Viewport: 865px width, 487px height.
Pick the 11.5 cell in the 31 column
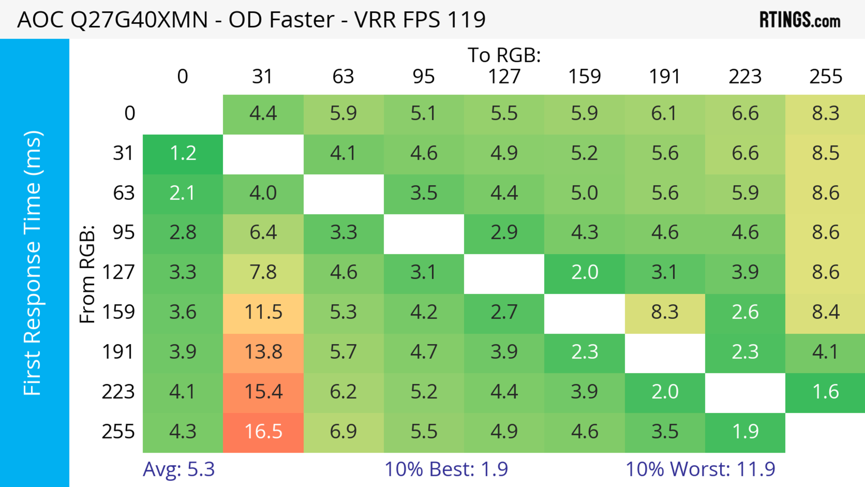[263, 312]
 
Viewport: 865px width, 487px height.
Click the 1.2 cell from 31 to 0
[183, 153]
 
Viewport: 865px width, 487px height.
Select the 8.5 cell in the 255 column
[825, 153]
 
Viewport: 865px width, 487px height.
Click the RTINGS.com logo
[800, 20]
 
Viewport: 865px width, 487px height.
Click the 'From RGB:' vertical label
[87, 274]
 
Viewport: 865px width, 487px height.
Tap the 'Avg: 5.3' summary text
[179, 469]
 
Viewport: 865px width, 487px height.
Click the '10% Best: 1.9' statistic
[446, 469]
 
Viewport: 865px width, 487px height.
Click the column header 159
[584, 77]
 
